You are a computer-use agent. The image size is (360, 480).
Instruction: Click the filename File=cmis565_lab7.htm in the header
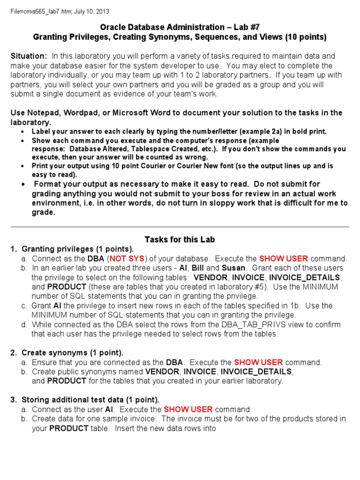pyautogui.click(x=44, y=11)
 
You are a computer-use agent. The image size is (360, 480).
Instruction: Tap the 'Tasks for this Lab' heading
pyautogui.click(x=180, y=240)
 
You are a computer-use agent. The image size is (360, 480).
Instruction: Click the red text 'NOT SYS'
pyautogui.click(x=127, y=259)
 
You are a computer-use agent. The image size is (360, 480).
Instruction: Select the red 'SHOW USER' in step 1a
pyautogui.click(x=283, y=259)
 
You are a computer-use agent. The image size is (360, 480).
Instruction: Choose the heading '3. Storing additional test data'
pyautogui.click(x=84, y=400)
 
